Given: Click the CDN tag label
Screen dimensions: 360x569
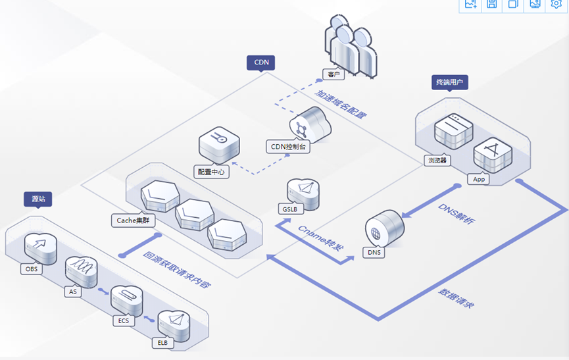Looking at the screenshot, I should pos(261,63).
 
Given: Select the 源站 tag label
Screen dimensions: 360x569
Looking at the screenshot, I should pos(37,198).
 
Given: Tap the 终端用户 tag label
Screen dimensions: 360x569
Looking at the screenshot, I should pos(450,82).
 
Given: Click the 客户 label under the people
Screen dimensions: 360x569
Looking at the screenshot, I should pos(334,74).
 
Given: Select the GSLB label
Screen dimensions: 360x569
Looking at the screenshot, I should pos(289,209).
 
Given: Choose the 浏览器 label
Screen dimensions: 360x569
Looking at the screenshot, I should pos(437,160).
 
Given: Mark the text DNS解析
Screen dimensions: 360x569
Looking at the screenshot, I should pos(457,218).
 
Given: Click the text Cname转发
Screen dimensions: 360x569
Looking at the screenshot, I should pos(320,238).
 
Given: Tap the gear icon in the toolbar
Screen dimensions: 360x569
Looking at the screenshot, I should pos(557,4).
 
